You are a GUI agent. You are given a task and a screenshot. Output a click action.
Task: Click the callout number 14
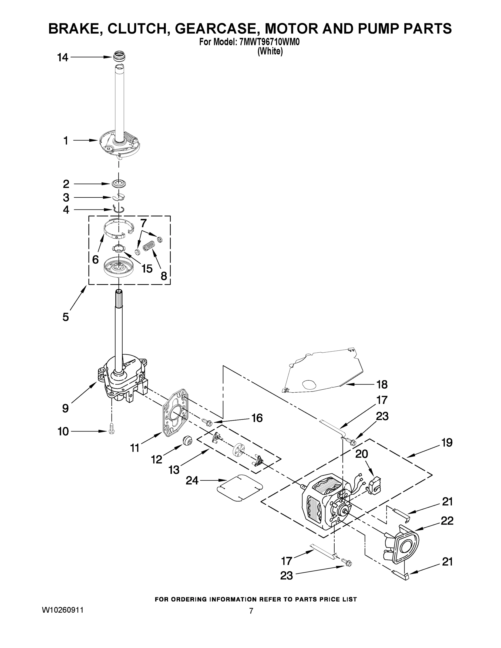(63, 58)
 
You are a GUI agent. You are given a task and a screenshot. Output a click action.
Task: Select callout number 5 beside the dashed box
(66, 317)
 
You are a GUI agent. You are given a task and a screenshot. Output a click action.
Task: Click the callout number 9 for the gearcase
(66, 408)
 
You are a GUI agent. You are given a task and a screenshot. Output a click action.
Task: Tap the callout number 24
(192, 480)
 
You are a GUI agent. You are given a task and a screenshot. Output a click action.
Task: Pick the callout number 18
(382, 384)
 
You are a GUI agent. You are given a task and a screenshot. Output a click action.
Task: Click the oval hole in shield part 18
(309, 385)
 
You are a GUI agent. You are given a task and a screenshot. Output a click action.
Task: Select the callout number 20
(362, 454)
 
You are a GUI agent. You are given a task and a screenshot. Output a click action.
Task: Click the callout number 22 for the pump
(447, 521)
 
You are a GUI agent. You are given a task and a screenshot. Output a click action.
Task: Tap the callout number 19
(447, 443)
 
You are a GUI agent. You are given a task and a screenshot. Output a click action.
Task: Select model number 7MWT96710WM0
(269, 42)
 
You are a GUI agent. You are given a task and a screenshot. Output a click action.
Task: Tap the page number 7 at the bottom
(251, 611)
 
